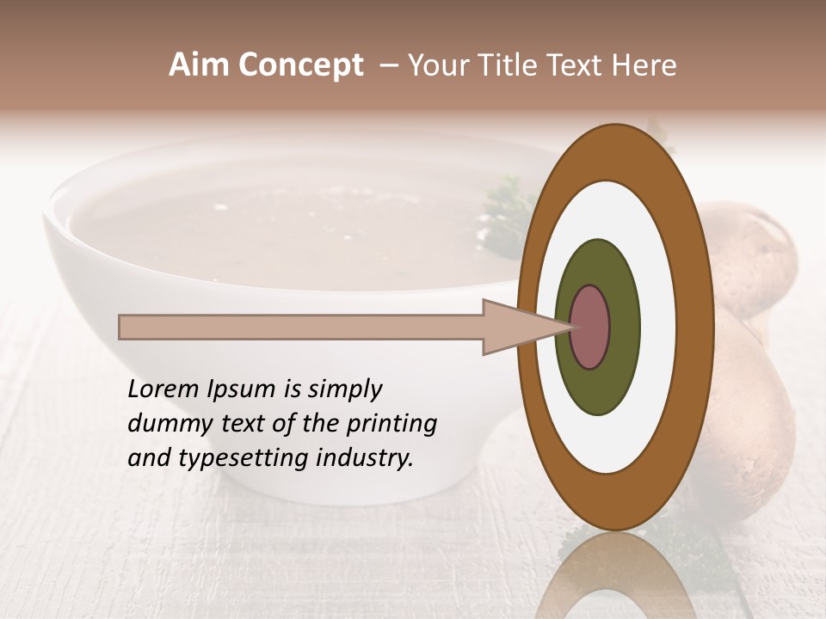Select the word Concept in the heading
[x=300, y=65]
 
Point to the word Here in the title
[x=644, y=65]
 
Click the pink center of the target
[x=589, y=327]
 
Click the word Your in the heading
[x=438, y=65]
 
